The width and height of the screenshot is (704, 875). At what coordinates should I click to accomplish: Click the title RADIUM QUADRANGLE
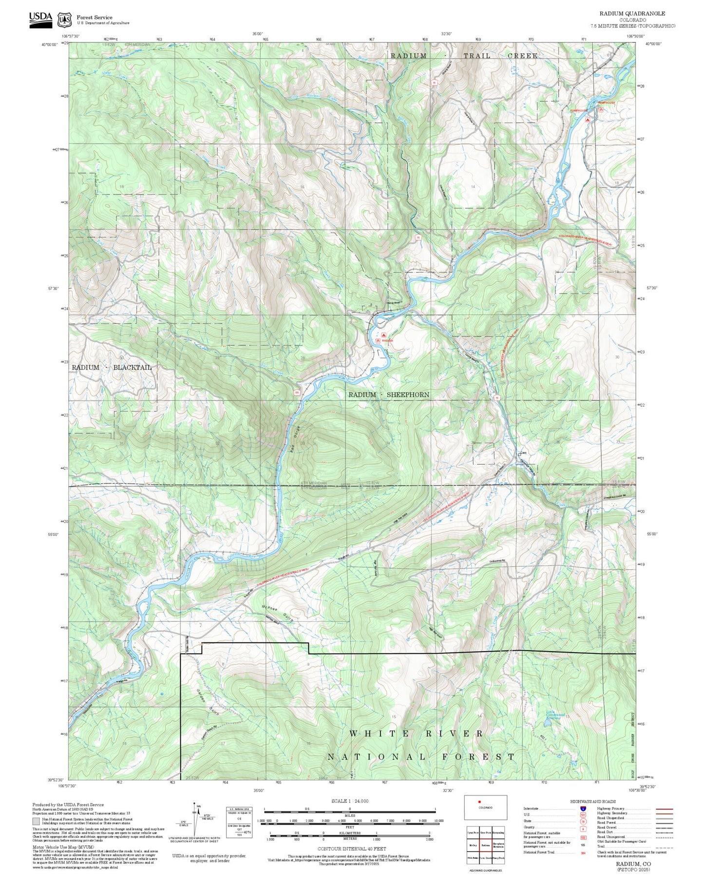click(x=632, y=14)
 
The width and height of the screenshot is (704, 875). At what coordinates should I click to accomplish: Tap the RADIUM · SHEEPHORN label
click(x=389, y=395)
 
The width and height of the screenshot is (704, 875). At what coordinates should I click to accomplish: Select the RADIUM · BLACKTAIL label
click(x=112, y=367)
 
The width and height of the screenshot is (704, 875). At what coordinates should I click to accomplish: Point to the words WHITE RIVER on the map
click(x=417, y=734)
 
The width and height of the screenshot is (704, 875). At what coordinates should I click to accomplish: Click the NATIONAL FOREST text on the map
click(x=421, y=757)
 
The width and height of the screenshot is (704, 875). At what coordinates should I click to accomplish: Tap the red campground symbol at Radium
click(x=384, y=336)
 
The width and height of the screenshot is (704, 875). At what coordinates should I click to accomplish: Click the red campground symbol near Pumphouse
click(x=588, y=119)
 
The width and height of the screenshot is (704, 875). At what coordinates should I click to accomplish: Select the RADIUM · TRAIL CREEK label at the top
click(x=464, y=56)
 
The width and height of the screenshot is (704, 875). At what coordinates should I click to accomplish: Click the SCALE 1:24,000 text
click(x=349, y=801)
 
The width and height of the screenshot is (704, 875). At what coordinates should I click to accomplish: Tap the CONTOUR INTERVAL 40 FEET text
click(x=351, y=849)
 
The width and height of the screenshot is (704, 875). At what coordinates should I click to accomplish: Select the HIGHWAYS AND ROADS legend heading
click(x=592, y=801)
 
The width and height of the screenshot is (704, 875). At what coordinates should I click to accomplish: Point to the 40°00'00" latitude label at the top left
click(x=50, y=44)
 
